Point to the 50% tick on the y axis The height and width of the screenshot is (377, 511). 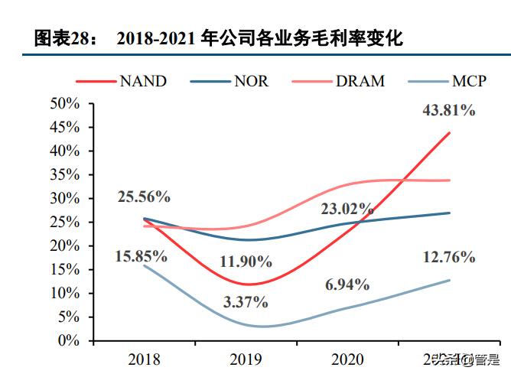(x=65, y=104)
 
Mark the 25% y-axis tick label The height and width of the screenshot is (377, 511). (x=65, y=223)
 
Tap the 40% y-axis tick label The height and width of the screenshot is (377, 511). (x=65, y=151)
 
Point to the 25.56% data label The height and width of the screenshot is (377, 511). (x=143, y=197)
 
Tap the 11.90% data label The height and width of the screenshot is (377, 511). (x=246, y=262)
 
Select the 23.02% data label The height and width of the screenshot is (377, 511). (x=347, y=207)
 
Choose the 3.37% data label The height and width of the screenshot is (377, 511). (x=246, y=301)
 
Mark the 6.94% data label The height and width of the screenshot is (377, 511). (x=347, y=284)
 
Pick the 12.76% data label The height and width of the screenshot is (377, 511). (x=448, y=257)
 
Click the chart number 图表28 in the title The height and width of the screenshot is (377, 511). (x=62, y=37)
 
